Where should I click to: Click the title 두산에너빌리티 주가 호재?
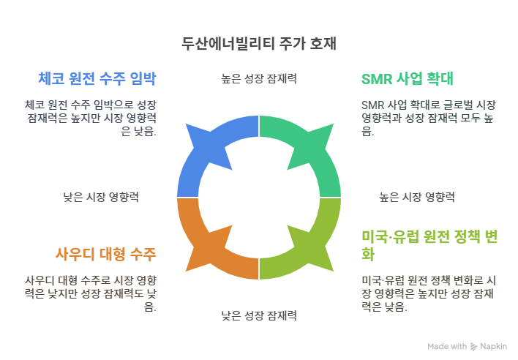pos(259,42)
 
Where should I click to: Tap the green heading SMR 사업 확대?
pos(408,78)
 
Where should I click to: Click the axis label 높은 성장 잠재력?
pos(259,78)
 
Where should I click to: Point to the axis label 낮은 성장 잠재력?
pos(259,316)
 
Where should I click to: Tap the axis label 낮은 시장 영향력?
pos(101,197)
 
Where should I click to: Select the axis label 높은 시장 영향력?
pos(417,197)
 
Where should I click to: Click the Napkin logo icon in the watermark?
pos(475,346)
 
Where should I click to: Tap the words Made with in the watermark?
pos(447,346)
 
